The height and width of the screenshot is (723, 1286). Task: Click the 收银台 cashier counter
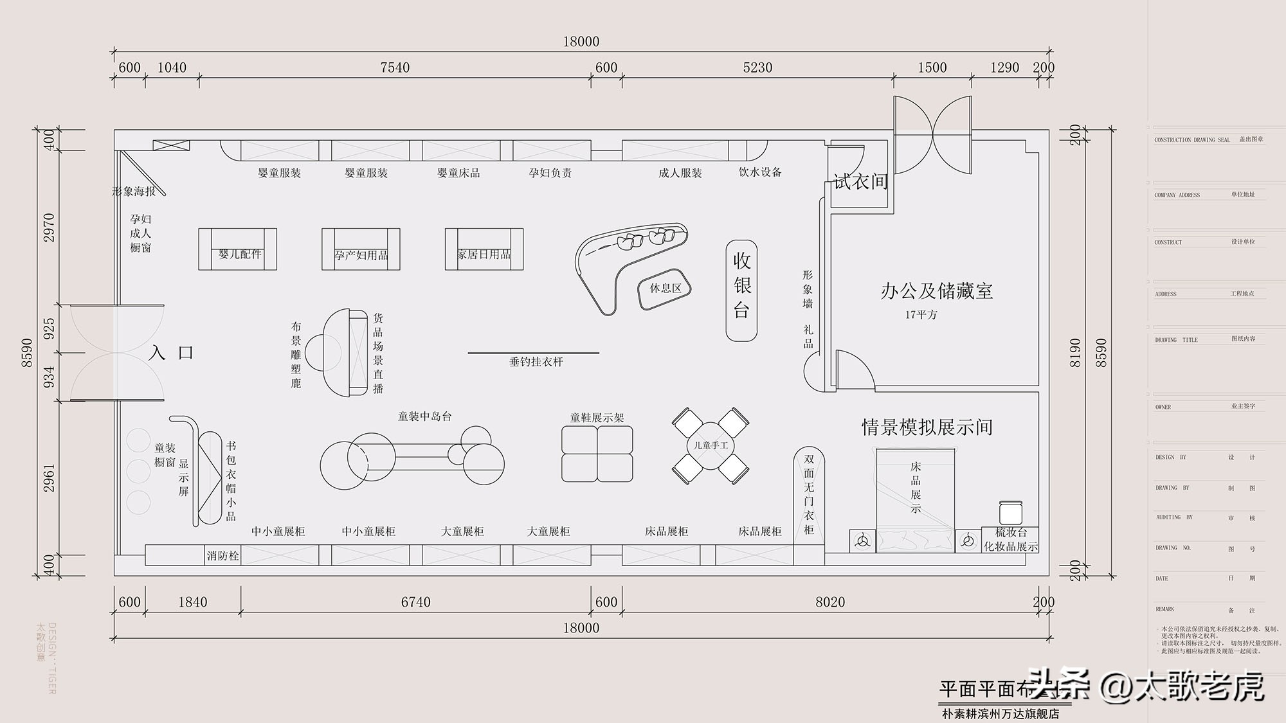[741, 290]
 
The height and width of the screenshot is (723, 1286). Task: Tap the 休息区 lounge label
[665, 289]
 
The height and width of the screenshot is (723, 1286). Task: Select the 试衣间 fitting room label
[860, 182]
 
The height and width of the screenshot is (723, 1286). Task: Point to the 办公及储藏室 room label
[936, 291]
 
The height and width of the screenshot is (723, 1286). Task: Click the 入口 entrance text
[171, 352]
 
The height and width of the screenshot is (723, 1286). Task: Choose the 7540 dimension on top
[394, 67]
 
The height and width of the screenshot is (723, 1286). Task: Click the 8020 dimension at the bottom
[829, 602]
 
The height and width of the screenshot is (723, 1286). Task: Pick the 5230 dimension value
[757, 67]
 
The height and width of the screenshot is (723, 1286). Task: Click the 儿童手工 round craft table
[711, 445]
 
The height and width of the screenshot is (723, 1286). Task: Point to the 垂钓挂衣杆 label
[536, 362]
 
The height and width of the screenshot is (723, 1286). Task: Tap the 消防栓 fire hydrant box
[222, 555]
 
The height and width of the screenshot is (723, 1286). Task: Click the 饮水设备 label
[760, 172]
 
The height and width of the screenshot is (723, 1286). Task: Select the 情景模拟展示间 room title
[927, 427]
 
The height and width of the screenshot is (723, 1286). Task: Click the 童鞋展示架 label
[597, 418]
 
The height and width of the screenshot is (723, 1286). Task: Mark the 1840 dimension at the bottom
[192, 602]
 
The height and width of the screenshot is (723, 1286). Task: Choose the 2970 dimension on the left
[49, 228]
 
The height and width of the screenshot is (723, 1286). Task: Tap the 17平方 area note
[921, 315]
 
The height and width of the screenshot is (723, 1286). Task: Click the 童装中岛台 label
[424, 416]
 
